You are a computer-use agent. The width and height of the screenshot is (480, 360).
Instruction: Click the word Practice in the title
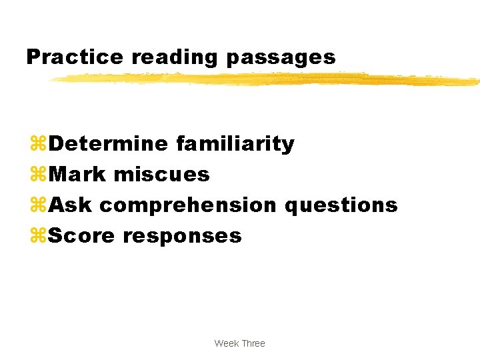pos(75,57)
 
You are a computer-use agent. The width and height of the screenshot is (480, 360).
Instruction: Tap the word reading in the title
pos(175,58)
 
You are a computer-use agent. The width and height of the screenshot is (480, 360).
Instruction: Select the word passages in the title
pos(281,58)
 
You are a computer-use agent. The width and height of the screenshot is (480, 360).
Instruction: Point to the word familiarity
pos(235,143)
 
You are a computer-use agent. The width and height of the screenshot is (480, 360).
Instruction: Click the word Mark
pos(77,175)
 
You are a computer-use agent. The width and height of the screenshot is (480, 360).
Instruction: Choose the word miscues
pos(162,175)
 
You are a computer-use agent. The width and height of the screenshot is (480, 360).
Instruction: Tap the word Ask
pos(71,205)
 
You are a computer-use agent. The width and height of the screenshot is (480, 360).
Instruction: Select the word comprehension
pos(189,205)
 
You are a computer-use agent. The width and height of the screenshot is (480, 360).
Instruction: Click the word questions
pos(341,205)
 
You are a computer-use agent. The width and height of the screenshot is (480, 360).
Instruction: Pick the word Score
pos(81,235)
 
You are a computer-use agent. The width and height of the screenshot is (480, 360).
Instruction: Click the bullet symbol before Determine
pos(38,144)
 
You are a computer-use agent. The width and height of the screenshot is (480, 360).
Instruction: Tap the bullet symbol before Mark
pos(38,175)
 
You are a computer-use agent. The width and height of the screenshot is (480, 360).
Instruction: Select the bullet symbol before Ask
pos(38,205)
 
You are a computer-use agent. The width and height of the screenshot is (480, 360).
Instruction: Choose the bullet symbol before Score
pos(38,236)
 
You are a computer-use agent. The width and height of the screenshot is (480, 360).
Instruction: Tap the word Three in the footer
pos(253,343)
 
